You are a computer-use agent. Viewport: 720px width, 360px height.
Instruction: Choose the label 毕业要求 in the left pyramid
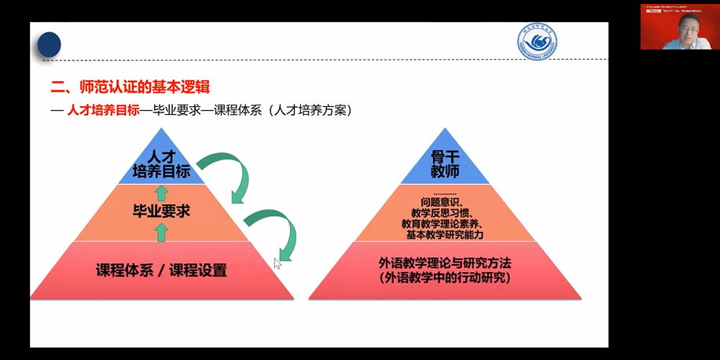pos(162,211)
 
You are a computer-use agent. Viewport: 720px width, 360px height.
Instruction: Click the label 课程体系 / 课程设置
pos(161,270)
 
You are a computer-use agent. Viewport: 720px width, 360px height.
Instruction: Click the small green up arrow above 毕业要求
pos(162,193)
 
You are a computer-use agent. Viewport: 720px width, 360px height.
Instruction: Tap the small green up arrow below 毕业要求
pos(162,231)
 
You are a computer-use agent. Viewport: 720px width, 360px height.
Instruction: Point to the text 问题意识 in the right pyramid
pos(444,202)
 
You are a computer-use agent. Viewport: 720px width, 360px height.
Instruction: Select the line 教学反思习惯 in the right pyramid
pos(445,213)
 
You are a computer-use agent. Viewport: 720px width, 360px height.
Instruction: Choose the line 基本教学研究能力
pos(445,234)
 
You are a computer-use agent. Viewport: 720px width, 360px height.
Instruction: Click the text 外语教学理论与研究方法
pos(445,263)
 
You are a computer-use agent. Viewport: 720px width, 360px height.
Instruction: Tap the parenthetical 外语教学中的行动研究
pos(445,278)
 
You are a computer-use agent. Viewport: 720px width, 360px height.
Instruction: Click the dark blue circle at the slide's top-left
pos(50,44)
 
